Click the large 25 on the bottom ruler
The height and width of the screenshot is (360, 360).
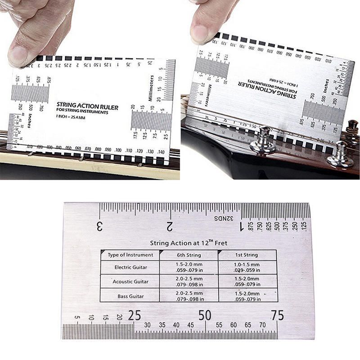[134, 315]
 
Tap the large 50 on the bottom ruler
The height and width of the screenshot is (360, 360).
[205, 315]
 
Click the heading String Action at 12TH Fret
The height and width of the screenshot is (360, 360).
[189, 243]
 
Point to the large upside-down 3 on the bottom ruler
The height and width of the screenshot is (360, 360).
[99, 225]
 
